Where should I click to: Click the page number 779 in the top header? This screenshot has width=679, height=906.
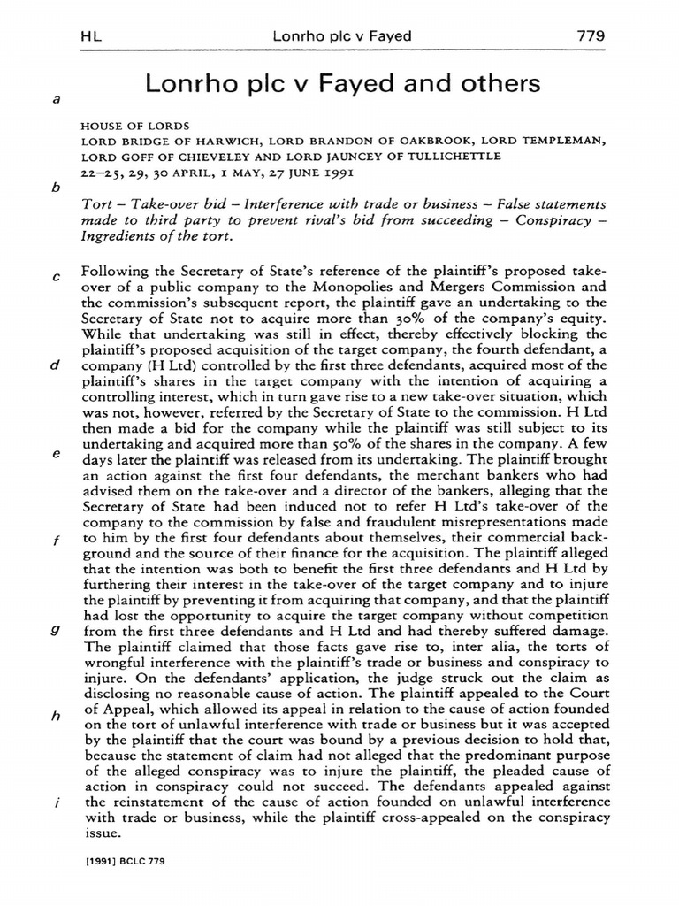(x=589, y=36)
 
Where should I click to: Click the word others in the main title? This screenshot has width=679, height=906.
(x=493, y=85)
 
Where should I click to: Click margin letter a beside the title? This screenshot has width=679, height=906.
(x=57, y=100)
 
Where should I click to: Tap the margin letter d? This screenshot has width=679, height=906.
(x=57, y=365)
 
